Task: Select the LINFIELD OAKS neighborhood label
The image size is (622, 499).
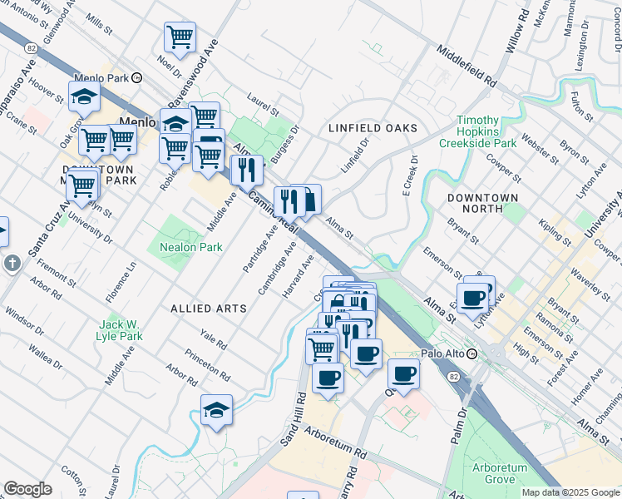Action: coord(372,128)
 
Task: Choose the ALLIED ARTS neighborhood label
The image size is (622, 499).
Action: coord(209,309)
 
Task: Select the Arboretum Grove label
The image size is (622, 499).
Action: coord(500,473)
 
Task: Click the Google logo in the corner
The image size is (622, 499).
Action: coord(27,489)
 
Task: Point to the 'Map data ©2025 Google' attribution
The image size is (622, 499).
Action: coord(570,492)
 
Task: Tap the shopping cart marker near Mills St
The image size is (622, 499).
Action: coord(180,37)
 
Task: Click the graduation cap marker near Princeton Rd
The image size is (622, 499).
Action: coord(216,410)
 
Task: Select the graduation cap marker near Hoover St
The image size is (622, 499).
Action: coord(84,97)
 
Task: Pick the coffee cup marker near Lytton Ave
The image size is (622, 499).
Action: coord(473,298)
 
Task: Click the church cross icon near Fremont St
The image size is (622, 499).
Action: coord(12,264)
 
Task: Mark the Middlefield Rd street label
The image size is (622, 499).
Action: coord(466,67)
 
